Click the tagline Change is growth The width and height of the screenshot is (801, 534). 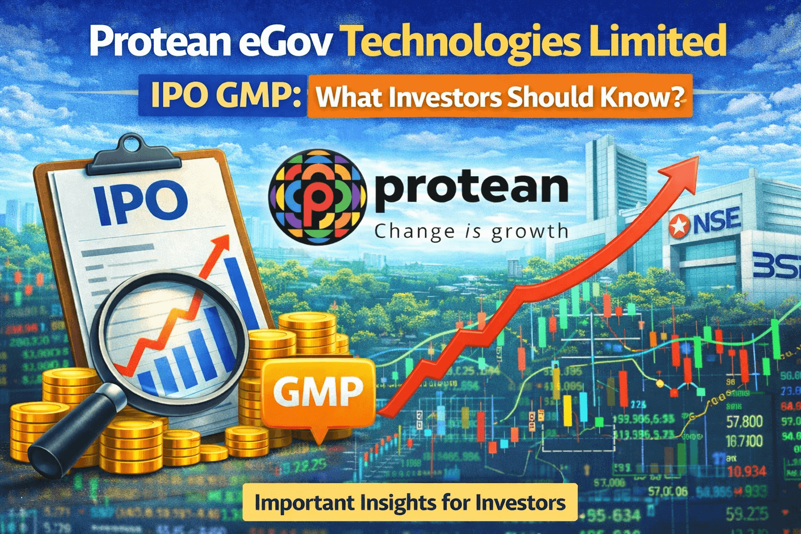471,230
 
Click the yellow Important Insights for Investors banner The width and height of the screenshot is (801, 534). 410,503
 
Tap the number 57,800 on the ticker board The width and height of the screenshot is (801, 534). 744,421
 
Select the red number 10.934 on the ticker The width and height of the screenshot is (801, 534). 747,471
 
